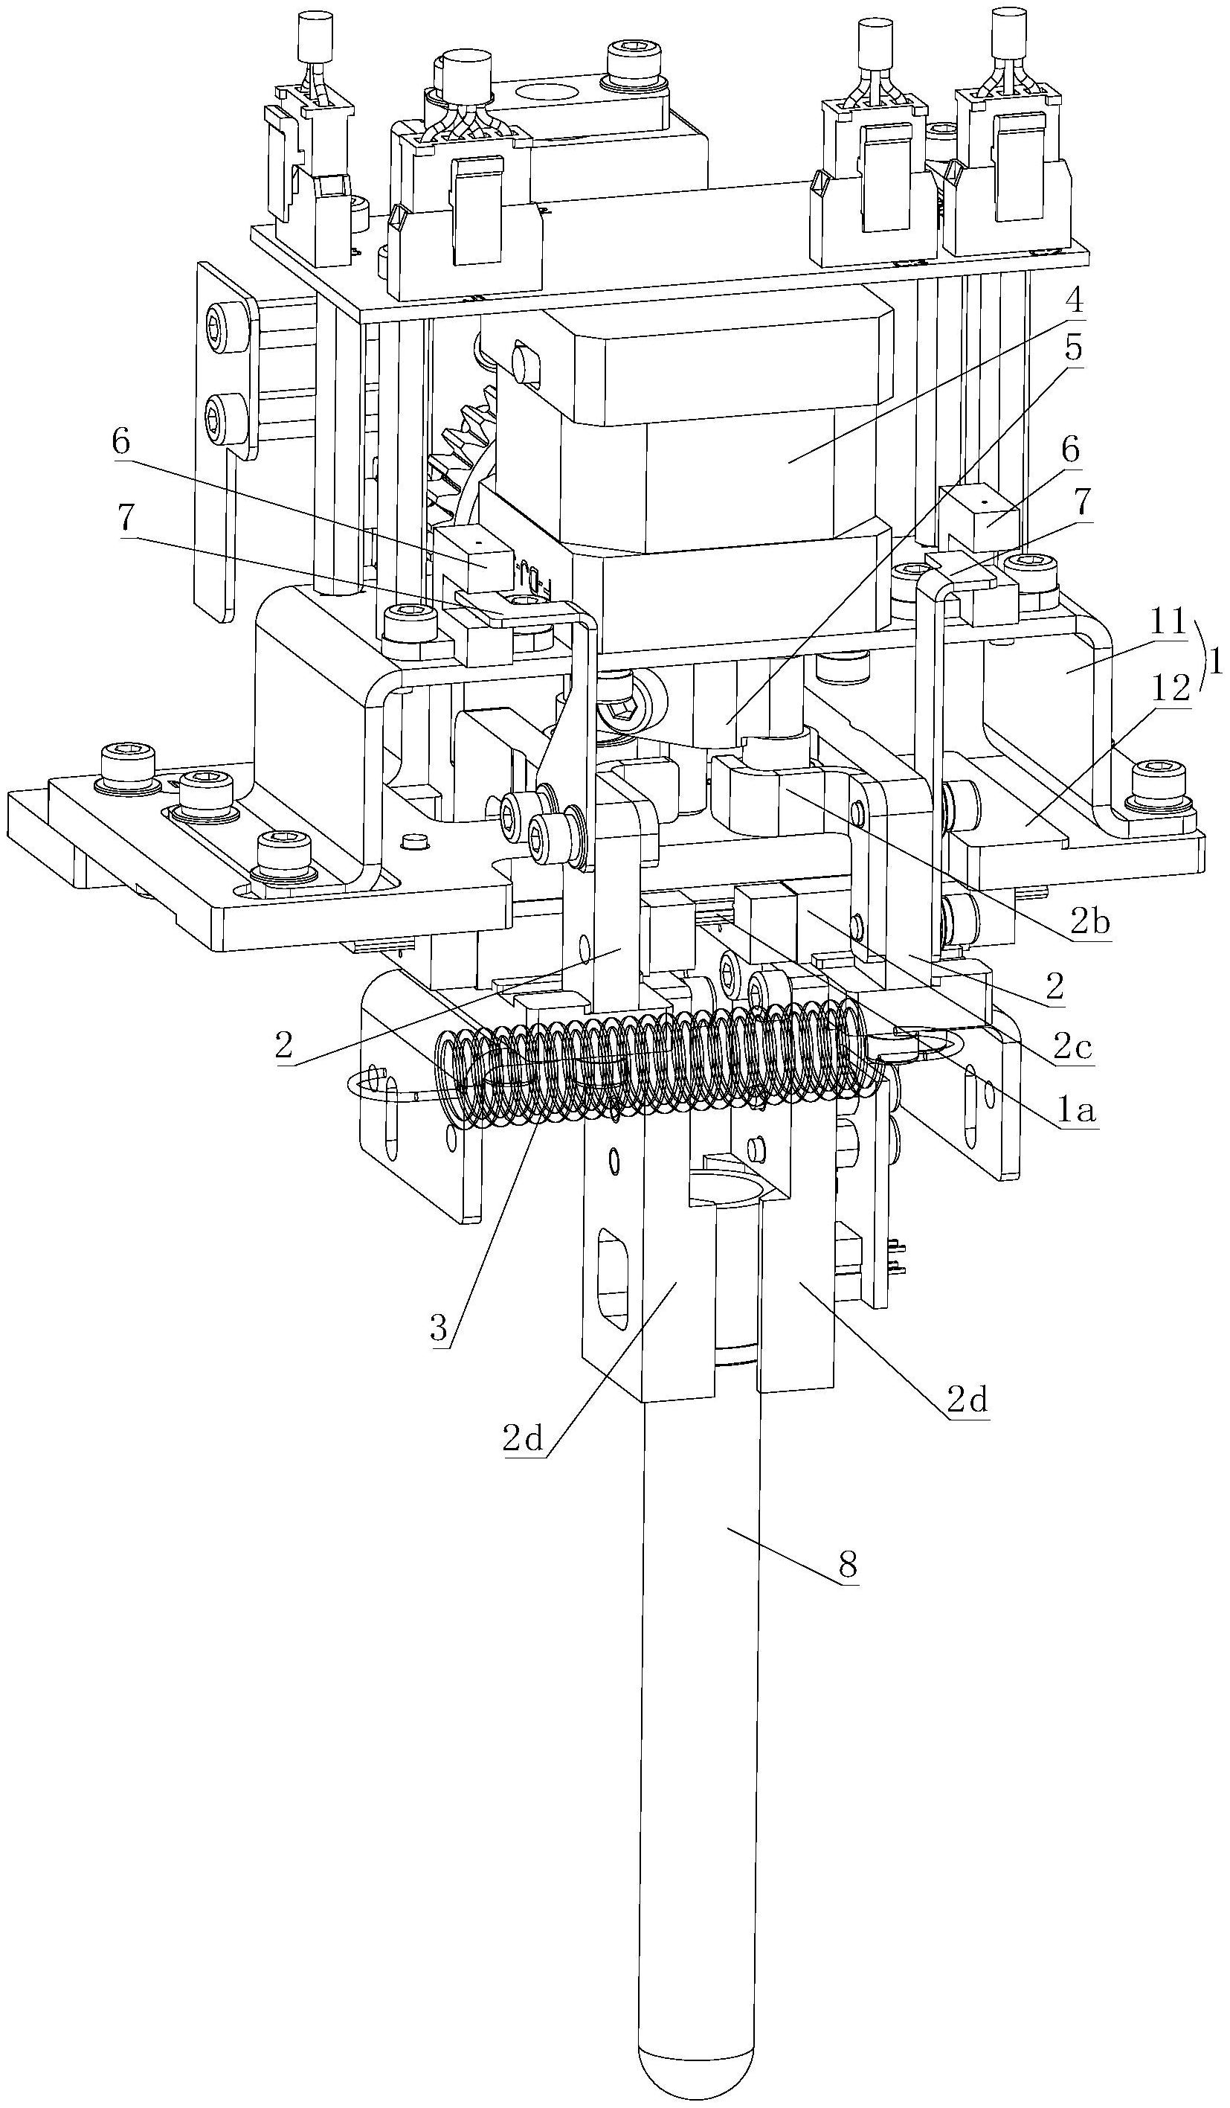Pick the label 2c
coord(1073,1045)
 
